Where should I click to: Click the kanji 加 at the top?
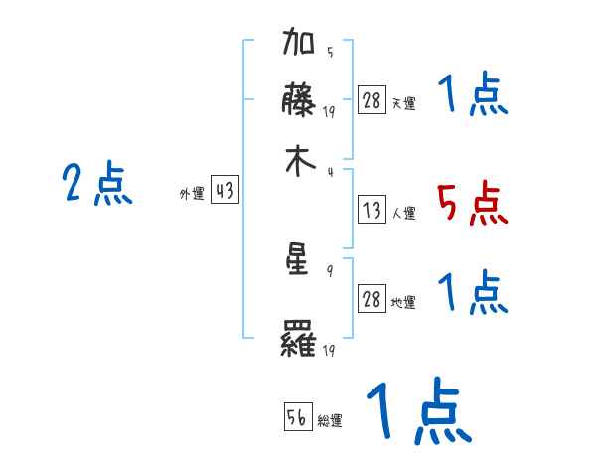tap(300, 47)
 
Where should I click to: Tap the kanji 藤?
tap(300, 102)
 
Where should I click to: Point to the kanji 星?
tap(300, 261)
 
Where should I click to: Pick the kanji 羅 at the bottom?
tap(300, 342)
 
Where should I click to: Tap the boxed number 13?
tap(372, 209)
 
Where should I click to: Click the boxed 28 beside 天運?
tap(372, 101)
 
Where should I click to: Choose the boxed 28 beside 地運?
tap(372, 300)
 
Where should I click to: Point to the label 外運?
tap(191, 195)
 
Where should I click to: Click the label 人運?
tap(404, 212)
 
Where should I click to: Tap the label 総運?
tap(330, 421)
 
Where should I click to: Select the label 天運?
tap(404, 103)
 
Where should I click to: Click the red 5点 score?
tap(471, 205)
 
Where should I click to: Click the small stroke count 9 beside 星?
tap(329, 269)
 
